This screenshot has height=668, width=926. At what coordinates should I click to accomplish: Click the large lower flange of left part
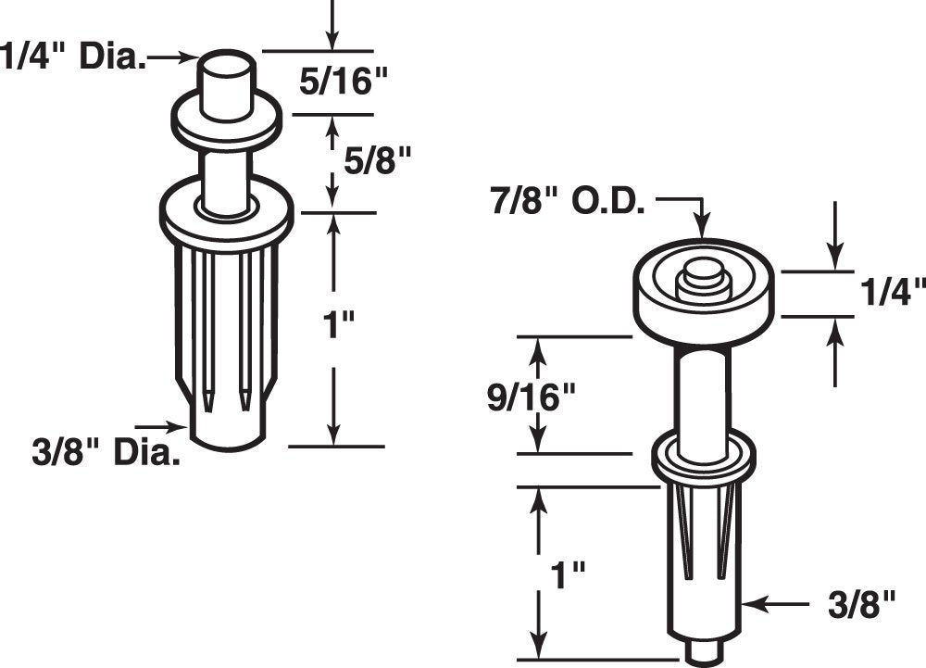point(227,215)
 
